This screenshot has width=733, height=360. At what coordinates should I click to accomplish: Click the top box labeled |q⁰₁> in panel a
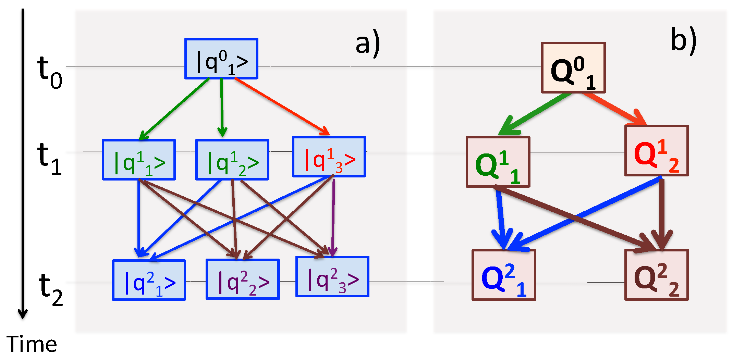(221, 59)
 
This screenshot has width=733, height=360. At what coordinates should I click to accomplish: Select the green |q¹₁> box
(139, 160)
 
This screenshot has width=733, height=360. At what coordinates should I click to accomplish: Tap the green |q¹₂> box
(232, 160)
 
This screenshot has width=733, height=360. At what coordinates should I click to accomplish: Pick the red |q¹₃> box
(329, 157)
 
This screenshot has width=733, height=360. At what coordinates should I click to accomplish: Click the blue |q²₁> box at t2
(149, 280)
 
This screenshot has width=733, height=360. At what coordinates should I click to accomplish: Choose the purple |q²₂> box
(242, 280)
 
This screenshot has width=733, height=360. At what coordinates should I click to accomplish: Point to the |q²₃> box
(332, 277)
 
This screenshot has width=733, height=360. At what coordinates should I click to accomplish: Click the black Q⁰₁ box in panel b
(573, 68)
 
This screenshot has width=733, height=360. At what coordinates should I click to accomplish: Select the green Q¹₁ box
(498, 162)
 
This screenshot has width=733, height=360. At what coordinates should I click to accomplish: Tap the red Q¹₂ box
(656, 151)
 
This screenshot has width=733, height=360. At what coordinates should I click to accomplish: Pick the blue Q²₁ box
(503, 275)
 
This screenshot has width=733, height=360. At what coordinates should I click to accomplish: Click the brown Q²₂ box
(656, 275)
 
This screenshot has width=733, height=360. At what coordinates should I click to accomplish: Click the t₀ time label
(49, 73)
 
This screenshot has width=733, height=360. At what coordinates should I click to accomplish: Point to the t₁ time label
(49, 158)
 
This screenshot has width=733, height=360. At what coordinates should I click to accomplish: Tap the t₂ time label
(51, 289)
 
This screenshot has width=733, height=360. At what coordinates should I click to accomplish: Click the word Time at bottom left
(32, 344)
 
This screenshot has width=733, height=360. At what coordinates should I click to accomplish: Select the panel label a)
(367, 44)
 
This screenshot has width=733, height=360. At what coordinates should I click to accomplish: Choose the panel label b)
(683, 40)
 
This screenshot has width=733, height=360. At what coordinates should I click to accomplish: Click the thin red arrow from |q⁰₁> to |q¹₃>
(281, 106)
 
